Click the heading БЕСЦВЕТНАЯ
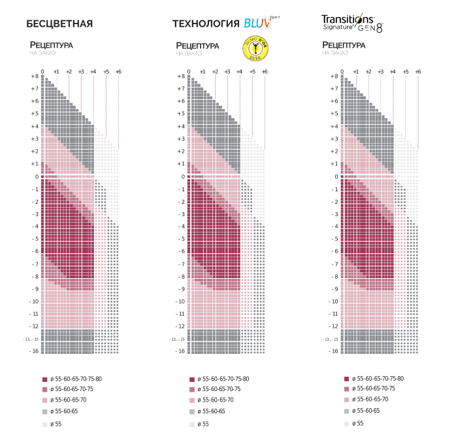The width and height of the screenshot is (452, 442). point(59,24)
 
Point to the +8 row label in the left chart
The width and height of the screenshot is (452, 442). point(35,76)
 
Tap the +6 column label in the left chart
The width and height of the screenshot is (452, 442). point(118,71)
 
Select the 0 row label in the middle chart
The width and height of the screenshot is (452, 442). point(183,176)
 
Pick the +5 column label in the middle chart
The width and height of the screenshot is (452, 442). point(252,71)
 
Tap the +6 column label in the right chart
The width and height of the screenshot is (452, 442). point(418,71)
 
